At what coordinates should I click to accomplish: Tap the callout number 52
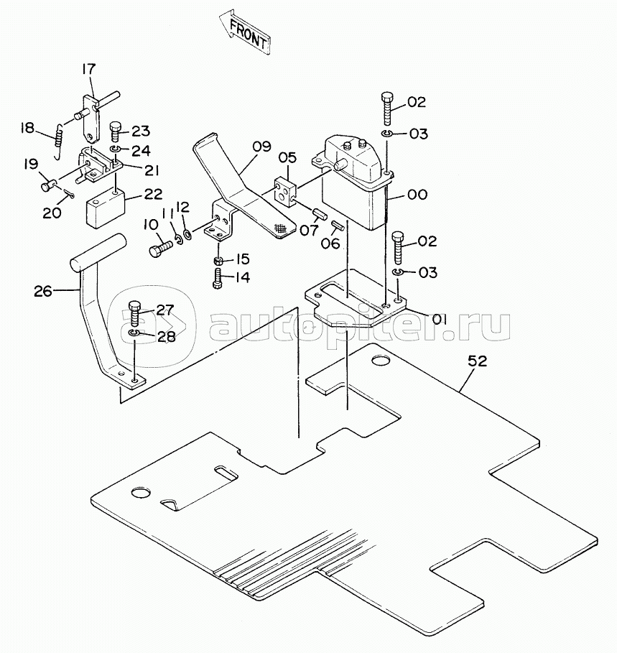coord(477,361)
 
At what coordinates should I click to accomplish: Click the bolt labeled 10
coord(160,249)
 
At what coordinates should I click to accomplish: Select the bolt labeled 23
coord(116,132)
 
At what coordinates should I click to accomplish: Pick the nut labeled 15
coord(218,261)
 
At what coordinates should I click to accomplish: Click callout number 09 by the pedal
coord(262,146)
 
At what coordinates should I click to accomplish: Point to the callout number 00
coord(417,195)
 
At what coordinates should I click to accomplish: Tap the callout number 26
coord(43,291)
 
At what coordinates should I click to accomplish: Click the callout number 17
coord(88,69)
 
